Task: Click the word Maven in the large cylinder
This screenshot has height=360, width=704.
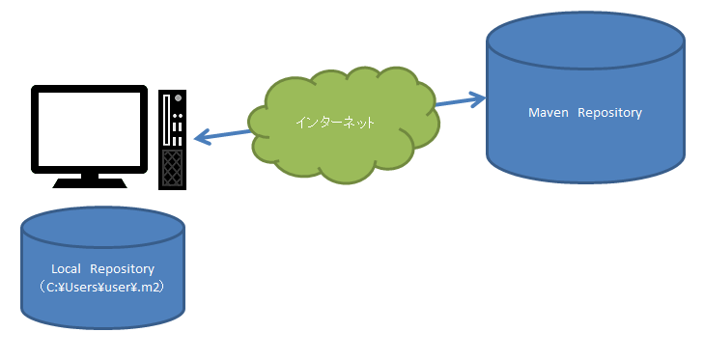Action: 549,112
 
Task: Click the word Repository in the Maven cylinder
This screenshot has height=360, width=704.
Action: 609,113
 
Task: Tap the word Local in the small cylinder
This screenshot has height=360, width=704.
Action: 66,269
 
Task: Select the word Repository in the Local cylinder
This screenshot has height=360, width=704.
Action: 122,269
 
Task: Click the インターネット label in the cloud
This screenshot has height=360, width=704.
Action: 335,123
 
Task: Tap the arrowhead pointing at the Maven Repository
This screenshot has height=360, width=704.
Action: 477,99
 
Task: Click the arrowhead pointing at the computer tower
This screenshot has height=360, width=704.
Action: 203,137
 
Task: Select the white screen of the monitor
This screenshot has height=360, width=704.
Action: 90,129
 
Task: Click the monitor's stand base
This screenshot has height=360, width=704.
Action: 90,183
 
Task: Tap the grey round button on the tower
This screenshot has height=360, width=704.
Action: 179,97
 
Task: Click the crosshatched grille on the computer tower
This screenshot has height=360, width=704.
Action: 173,168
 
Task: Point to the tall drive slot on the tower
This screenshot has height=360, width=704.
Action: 166,120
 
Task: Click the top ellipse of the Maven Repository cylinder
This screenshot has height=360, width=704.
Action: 585,41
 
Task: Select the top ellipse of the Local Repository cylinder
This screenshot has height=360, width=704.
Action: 102,227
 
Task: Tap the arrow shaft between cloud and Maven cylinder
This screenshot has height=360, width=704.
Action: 454,102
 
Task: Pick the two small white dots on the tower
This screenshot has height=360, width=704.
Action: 177,116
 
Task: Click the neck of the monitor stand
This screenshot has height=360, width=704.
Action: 90,176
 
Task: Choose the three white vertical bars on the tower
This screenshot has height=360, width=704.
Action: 177,134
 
